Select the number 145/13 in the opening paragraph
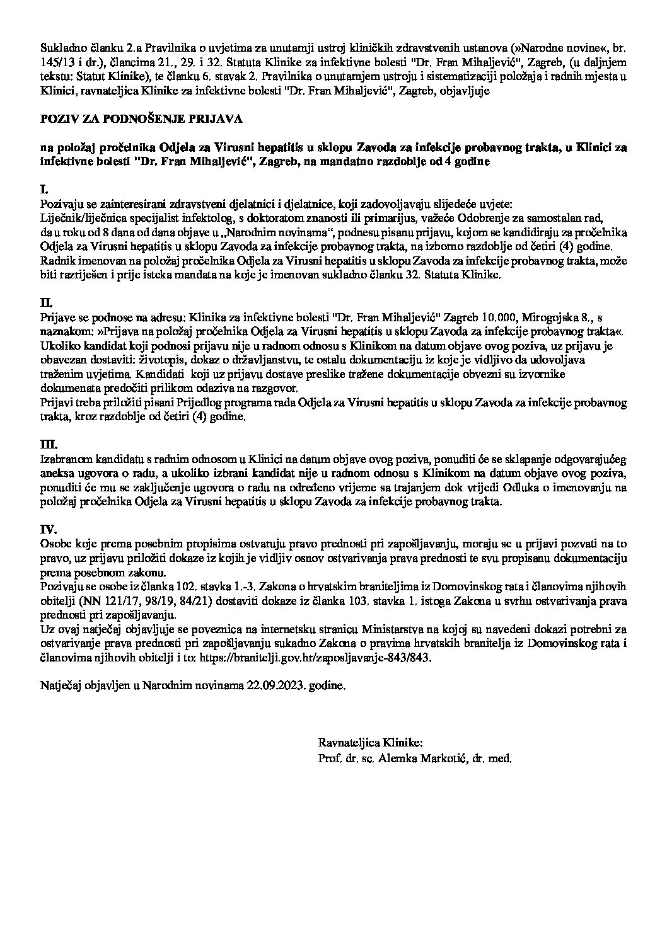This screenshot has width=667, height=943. [54, 61]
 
